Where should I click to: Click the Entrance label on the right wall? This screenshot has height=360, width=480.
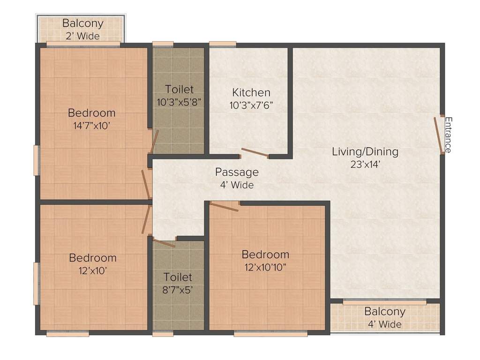click(x=448, y=135)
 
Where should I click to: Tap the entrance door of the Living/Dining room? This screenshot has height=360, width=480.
click(x=439, y=135)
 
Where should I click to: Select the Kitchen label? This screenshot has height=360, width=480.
click(x=251, y=92)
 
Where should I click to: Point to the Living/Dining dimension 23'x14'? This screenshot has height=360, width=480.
click(x=365, y=164)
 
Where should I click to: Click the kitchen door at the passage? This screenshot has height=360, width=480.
click(x=255, y=153)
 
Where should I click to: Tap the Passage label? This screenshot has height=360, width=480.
click(x=237, y=172)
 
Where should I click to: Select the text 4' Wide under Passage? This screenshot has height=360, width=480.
click(x=237, y=185)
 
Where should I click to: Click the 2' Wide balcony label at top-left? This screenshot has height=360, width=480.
click(x=82, y=36)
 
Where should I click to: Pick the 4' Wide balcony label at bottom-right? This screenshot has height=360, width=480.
click(x=384, y=324)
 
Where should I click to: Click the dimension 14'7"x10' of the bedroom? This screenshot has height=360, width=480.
click(x=91, y=125)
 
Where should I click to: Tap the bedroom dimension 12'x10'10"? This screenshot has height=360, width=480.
click(x=265, y=267)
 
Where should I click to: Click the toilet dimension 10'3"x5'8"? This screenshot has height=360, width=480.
click(x=179, y=102)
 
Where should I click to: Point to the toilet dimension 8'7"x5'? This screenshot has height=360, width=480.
click(x=178, y=289)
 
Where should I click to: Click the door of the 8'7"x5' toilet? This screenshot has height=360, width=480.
click(x=164, y=243)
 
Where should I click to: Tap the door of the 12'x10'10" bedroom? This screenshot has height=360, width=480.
click(x=224, y=206)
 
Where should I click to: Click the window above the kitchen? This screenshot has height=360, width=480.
click(x=223, y=45)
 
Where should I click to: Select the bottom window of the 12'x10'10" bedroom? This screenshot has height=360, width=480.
click(x=270, y=334)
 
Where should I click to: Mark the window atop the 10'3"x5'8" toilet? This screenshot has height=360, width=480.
click(x=163, y=45)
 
